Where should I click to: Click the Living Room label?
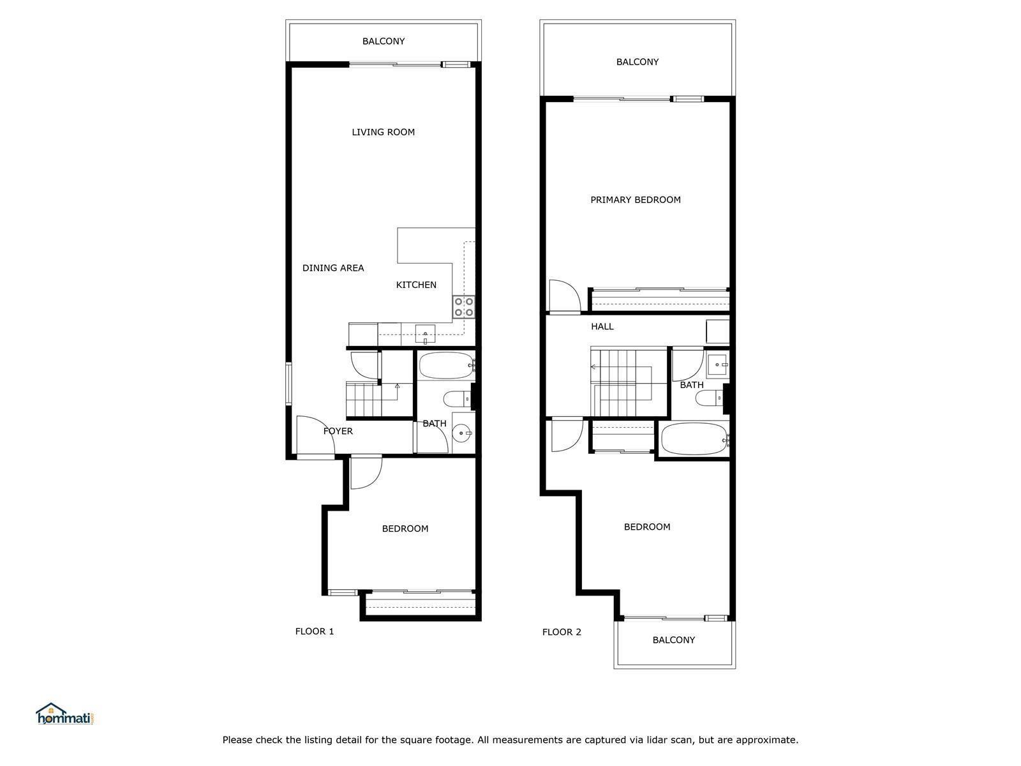click(383, 132)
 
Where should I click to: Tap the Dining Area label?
click(333, 268)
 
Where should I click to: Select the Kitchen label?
click(416, 285)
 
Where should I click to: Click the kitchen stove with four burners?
click(464, 307)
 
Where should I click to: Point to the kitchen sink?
click(425, 334)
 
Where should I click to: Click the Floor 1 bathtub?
click(446, 366)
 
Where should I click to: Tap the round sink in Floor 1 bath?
click(462, 433)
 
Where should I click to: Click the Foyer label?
click(338, 431)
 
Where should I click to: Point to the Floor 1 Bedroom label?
click(405, 529)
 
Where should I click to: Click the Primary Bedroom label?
click(636, 200)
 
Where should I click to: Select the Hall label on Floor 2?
click(602, 326)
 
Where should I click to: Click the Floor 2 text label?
click(562, 632)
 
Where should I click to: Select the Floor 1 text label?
click(315, 631)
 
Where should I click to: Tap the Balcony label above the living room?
click(384, 41)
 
